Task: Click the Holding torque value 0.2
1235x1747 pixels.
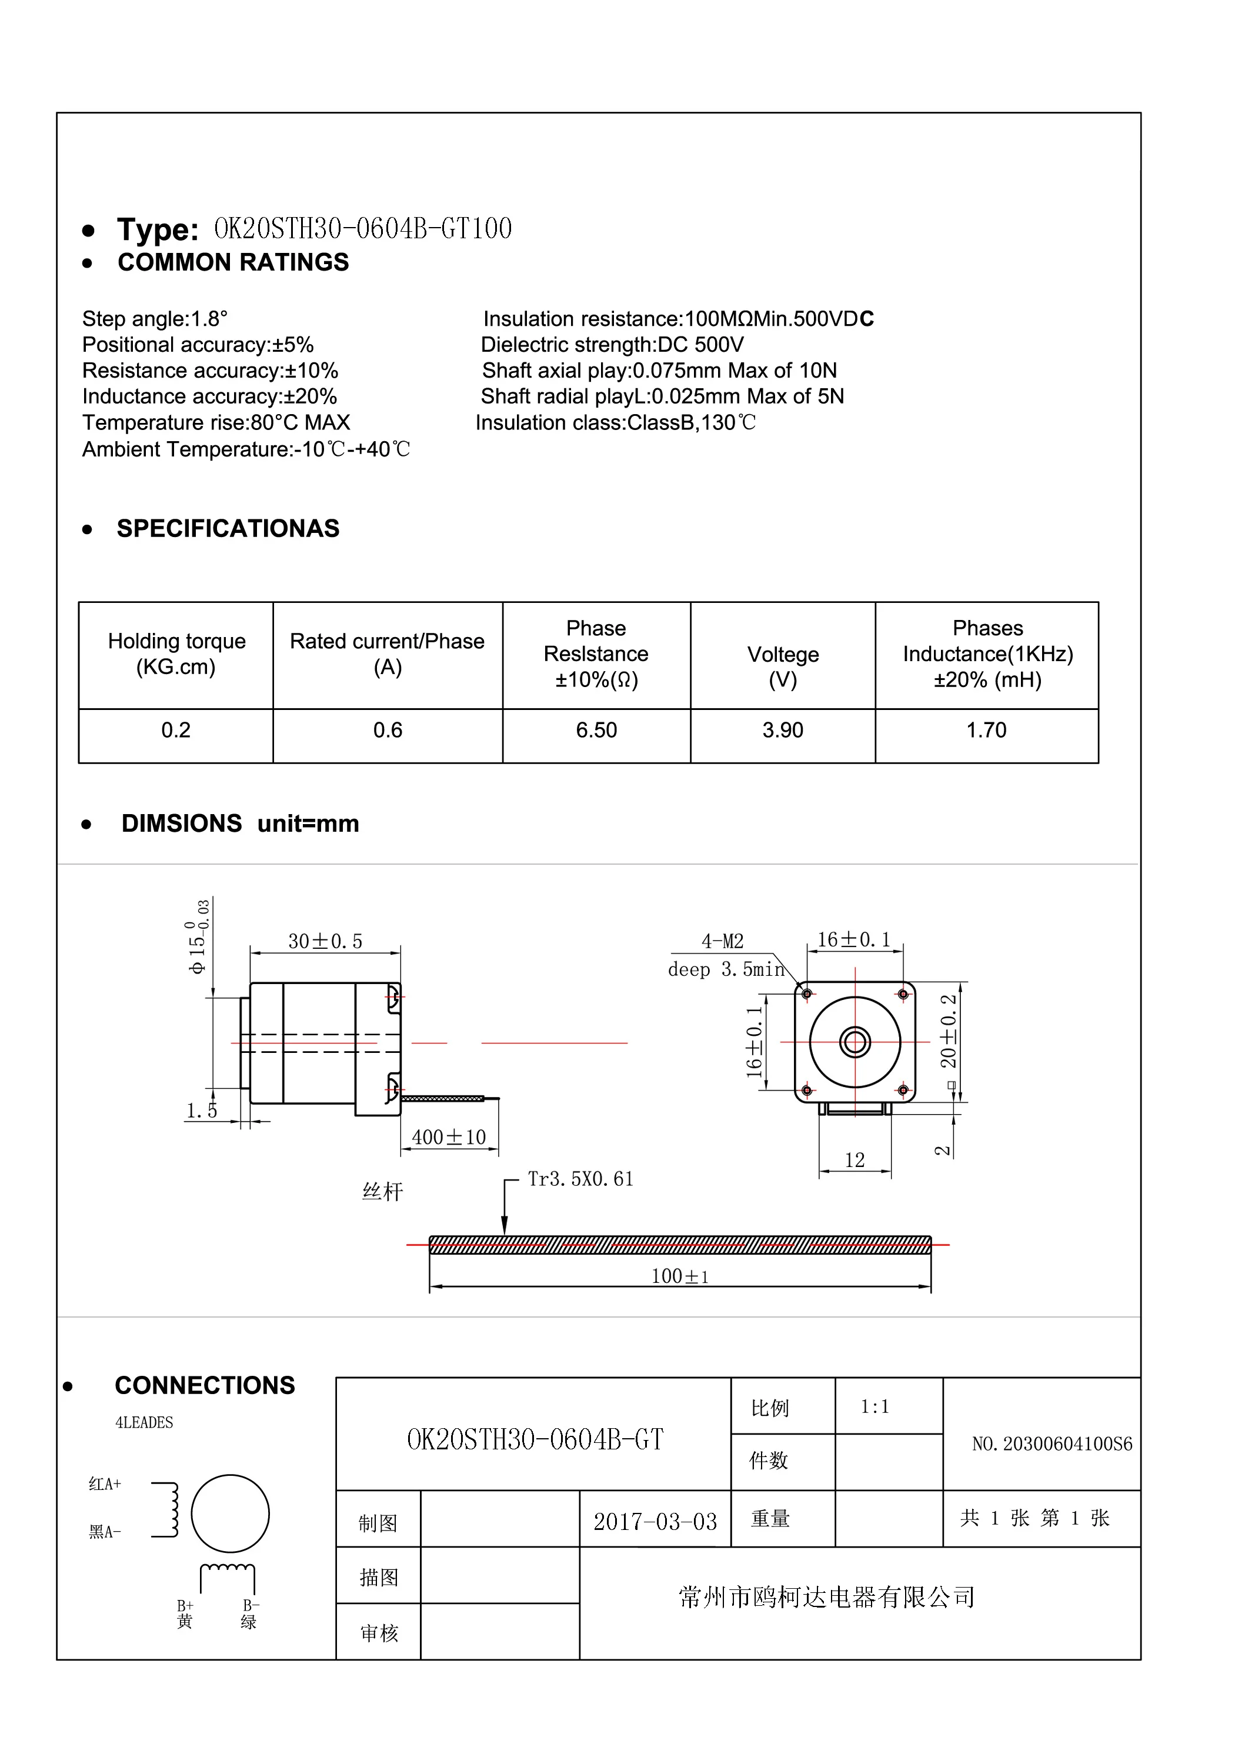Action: click(x=176, y=731)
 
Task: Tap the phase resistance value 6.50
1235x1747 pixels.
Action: click(x=596, y=731)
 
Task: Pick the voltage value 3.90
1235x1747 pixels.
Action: click(x=782, y=731)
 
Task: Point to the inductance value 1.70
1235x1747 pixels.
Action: click(x=986, y=731)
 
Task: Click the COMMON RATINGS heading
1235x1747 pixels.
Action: click(x=233, y=262)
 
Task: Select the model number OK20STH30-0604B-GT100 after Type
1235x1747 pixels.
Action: click(x=363, y=228)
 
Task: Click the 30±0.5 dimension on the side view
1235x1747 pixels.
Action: click(x=325, y=941)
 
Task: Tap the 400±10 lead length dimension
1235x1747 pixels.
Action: click(x=448, y=1137)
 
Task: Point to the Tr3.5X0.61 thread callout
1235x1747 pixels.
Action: click(x=580, y=1179)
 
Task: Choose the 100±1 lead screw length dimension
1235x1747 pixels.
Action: click(x=679, y=1276)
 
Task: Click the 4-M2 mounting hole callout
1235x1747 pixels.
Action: click(x=722, y=941)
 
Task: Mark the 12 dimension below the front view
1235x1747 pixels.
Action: click(x=855, y=1161)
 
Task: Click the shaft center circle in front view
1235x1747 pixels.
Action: click(x=855, y=1042)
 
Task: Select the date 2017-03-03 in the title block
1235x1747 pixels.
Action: click(x=655, y=1522)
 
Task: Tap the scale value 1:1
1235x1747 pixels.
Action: click(x=874, y=1407)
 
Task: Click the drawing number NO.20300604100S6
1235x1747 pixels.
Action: click(x=1052, y=1444)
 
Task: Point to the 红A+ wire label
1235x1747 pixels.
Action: click(x=105, y=1483)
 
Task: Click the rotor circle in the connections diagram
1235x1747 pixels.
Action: click(x=230, y=1513)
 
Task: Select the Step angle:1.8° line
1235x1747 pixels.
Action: click(x=155, y=319)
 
